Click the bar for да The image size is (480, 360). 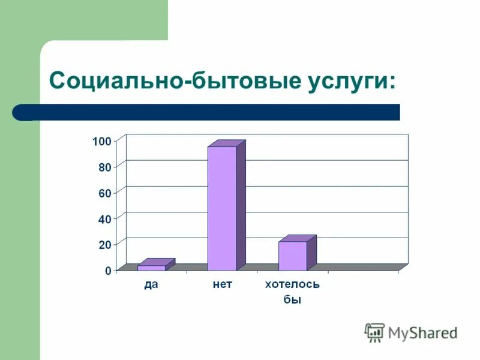pyautogui.click(x=152, y=268)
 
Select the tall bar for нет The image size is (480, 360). pyautogui.click(x=222, y=208)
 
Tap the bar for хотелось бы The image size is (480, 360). pyautogui.click(x=293, y=256)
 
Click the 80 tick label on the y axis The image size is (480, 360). pyautogui.click(x=104, y=167)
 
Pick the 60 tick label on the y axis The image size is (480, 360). pyautogui.click(x=104, y=193)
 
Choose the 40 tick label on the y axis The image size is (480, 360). pyautogui.click(x=104, y=220)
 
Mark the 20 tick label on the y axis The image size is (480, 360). pyautogui.click(x=104, y=245)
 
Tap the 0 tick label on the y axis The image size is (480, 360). pyautogui.click(x=107, y=271)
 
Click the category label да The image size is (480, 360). pyautogui.click(x=151, y=285)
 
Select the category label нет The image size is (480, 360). pyautogui.click(x=222, y=285)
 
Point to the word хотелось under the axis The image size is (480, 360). pyautogui.click(x=292, y=285)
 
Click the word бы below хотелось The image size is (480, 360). pyautogui.click(x=292, y=299)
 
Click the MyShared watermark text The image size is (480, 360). pyautogui.click(x=422, y=332)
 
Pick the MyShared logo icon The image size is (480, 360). pyautogui.click(x=374, y=332)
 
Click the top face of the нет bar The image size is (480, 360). pyautogui.click(x=227, y=143)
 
